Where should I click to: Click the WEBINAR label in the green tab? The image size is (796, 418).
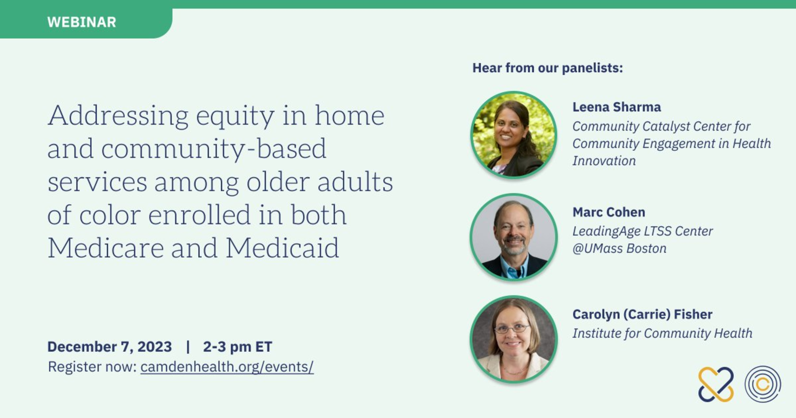[81, 22]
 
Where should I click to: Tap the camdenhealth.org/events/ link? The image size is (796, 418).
[227, 367]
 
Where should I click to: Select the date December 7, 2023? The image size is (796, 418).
[110, 347]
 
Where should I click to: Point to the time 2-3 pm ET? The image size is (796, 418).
[237, 347]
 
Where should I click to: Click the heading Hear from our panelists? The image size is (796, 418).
[547, 68]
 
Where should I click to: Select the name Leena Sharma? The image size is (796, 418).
[617, 107]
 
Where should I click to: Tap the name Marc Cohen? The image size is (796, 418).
[609, 212]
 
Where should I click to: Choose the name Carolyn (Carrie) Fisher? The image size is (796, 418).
[642, 315]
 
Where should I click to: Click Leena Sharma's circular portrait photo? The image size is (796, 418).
[514, 135]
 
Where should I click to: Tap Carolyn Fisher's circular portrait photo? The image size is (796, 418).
[514, 339]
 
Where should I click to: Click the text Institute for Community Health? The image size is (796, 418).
[662, 333]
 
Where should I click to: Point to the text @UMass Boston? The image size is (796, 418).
[619, 248]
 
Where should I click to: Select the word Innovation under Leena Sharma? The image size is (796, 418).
[604, 161]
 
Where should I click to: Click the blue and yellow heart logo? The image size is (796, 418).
[716, 384]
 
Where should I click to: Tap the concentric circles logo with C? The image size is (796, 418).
[763, 384]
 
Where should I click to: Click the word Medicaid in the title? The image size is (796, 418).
[282, 248]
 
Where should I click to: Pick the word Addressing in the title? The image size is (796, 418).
[118, 116]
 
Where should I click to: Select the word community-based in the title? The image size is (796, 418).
[214, 149]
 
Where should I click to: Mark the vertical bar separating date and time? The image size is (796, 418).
[188, 347]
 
